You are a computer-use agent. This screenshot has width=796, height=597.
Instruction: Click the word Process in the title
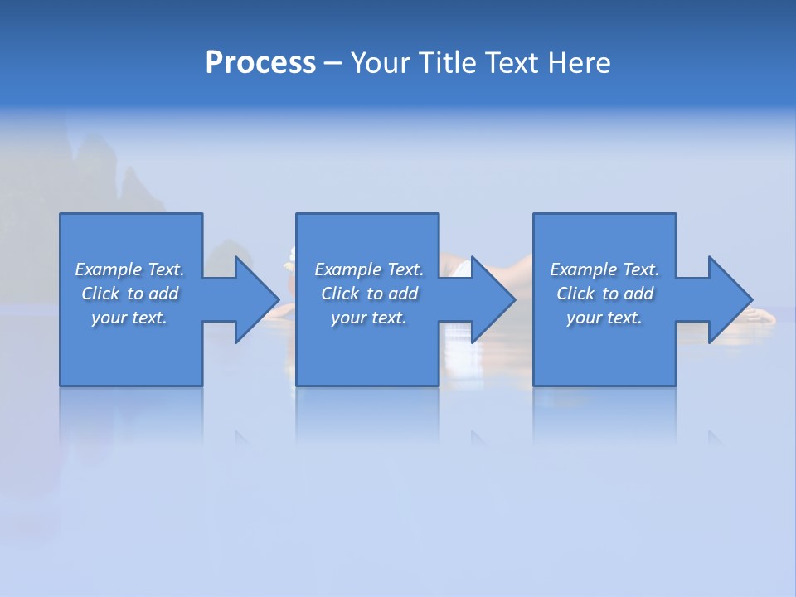click(x=260, y=63)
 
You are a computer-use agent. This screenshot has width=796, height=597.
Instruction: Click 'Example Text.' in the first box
click(x=129, y=269)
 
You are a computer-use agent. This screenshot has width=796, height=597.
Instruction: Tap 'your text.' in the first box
click(x=129, y=318)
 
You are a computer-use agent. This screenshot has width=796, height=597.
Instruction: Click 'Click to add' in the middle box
click(x=369, y=294)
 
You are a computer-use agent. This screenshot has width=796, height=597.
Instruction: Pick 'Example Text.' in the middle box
click(x=369, y=269)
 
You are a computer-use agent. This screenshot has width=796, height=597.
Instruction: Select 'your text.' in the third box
click(x=604, y=318)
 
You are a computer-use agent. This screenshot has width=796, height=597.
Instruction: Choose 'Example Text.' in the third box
click(x=604, y=269)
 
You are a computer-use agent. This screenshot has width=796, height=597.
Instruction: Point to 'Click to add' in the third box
click(x=604, y=294)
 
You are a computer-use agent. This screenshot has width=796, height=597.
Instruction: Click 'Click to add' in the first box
click(x=129, y=294)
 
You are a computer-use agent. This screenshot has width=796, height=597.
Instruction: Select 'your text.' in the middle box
click(x=369, y=318)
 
